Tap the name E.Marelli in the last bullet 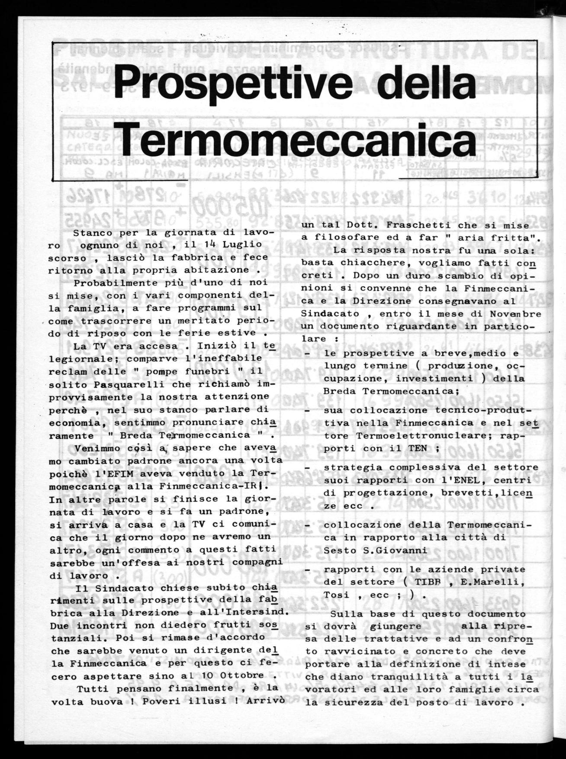coord(497,582)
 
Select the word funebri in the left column coord(152,371)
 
